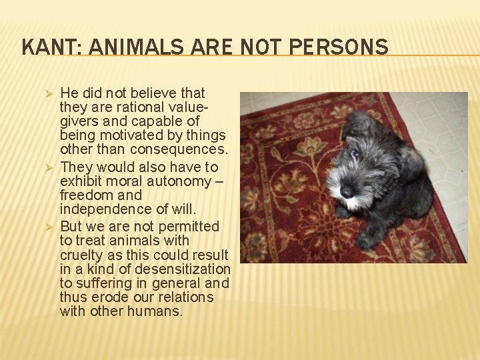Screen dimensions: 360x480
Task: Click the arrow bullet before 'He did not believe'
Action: tap(47, 93)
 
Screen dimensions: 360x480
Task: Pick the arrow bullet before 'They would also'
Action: tap(47, 167)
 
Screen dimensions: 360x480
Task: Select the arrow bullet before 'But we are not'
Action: tap(47, 227)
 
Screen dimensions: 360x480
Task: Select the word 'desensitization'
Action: tap(181, 269)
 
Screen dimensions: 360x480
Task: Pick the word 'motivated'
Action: tap(127, 135)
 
